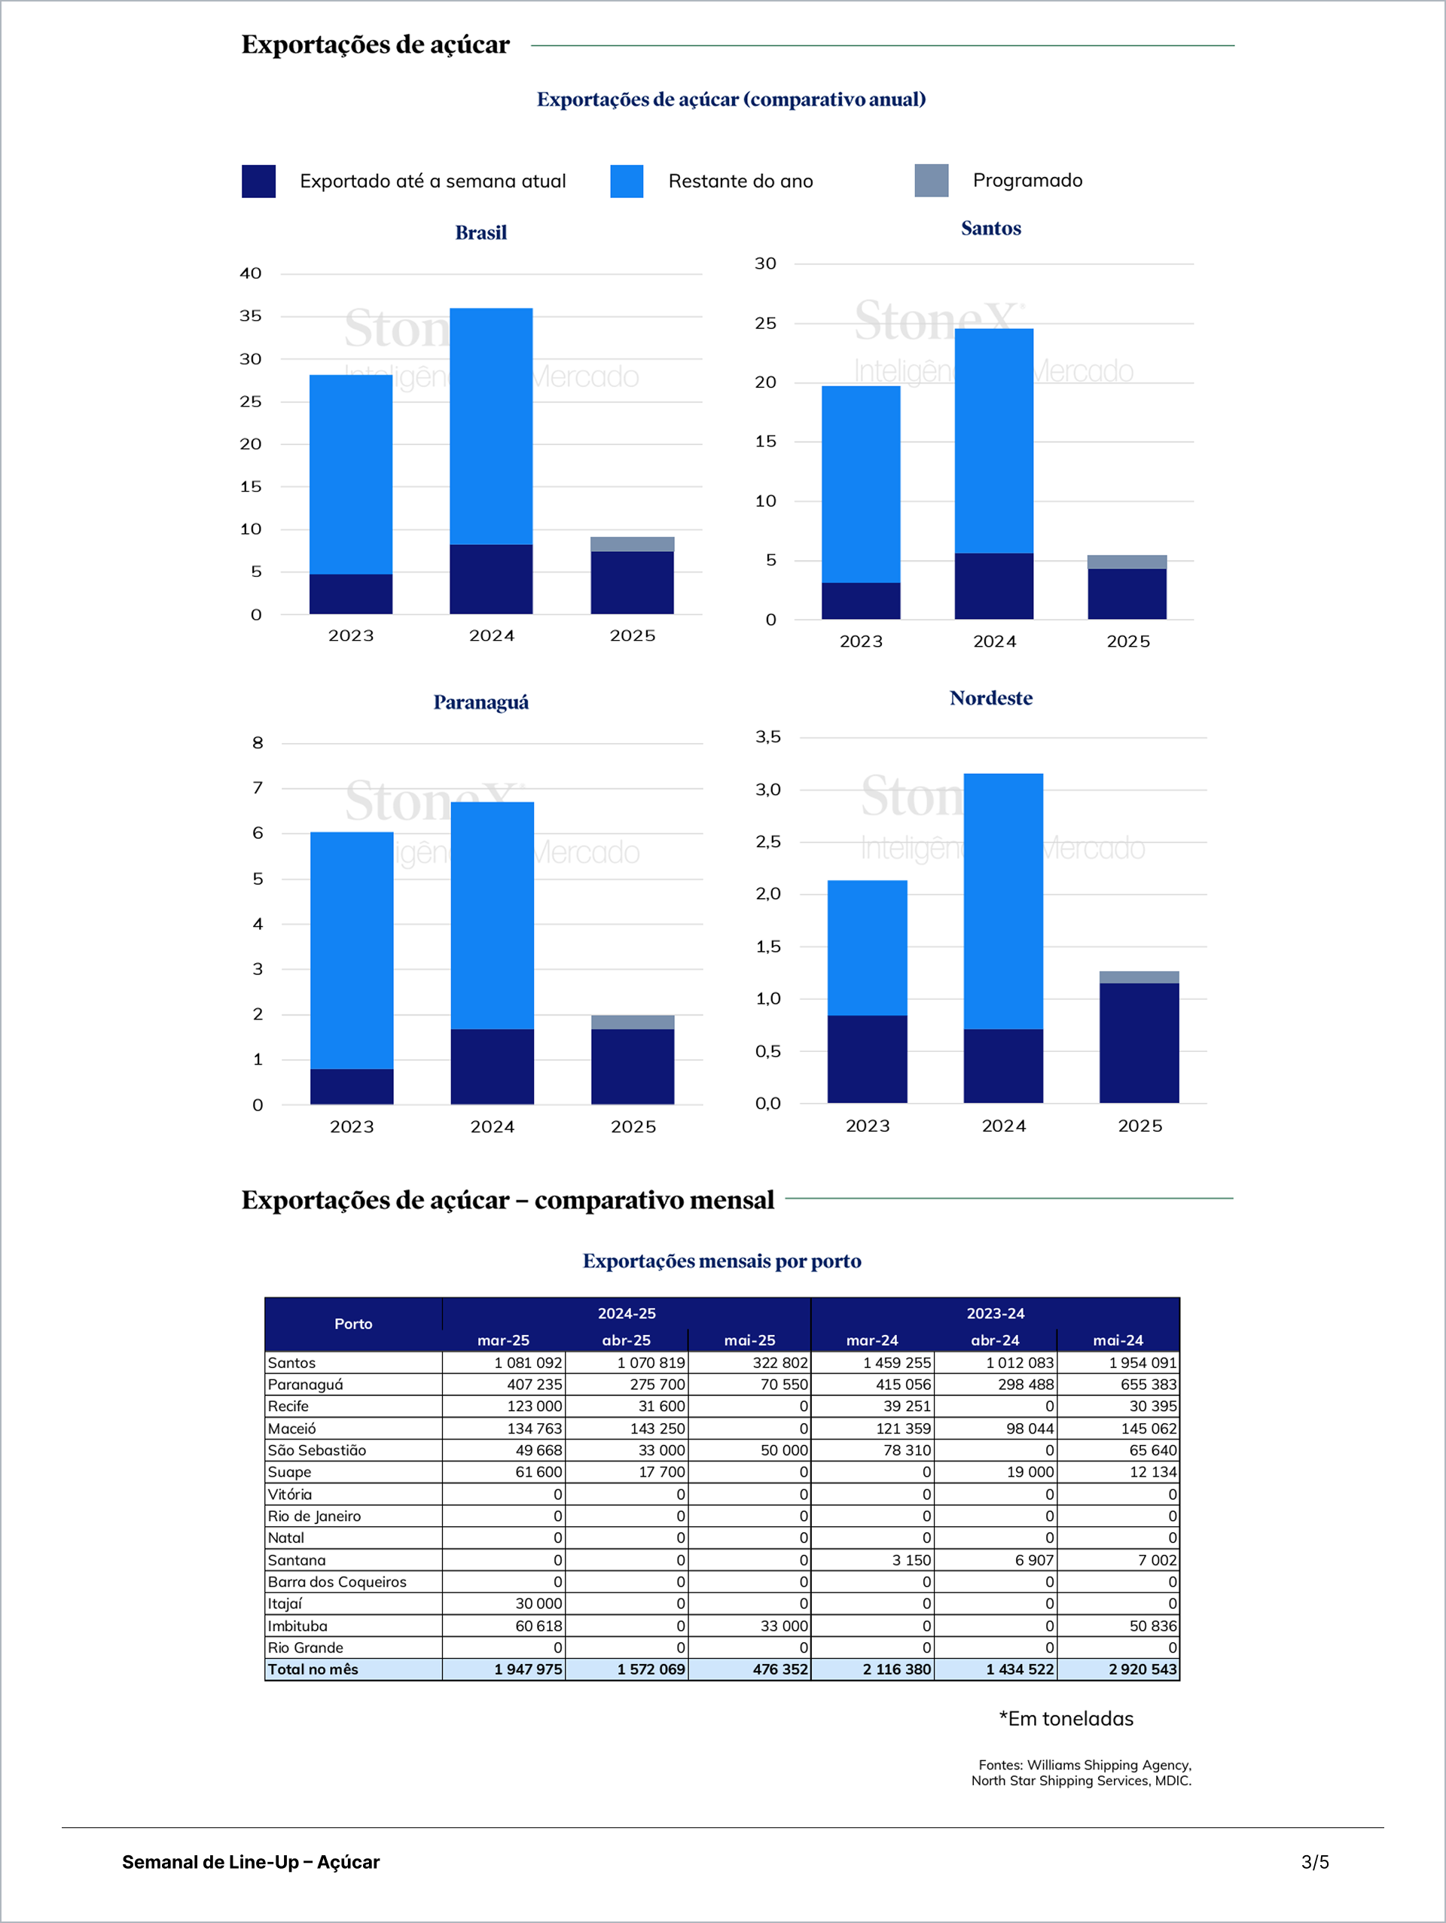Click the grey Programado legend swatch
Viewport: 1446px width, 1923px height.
932,180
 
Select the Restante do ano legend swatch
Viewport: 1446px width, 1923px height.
626,181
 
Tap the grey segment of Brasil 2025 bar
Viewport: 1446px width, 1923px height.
632,544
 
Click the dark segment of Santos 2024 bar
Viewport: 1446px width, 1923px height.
994,586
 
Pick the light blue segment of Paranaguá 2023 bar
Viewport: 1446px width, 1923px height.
351,950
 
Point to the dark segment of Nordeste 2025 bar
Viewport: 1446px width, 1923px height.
1139,1044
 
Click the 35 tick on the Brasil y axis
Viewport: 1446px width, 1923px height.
251,316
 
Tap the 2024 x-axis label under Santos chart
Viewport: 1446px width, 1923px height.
995,642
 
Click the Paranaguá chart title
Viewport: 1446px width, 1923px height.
480,702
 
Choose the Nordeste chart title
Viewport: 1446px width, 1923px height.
990,698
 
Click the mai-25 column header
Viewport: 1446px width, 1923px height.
749,1340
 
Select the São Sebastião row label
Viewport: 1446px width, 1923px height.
317,1450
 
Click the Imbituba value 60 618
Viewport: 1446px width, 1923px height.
538,1626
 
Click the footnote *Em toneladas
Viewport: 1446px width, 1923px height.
1066,1719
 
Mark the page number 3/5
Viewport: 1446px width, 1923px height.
1315,1862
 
